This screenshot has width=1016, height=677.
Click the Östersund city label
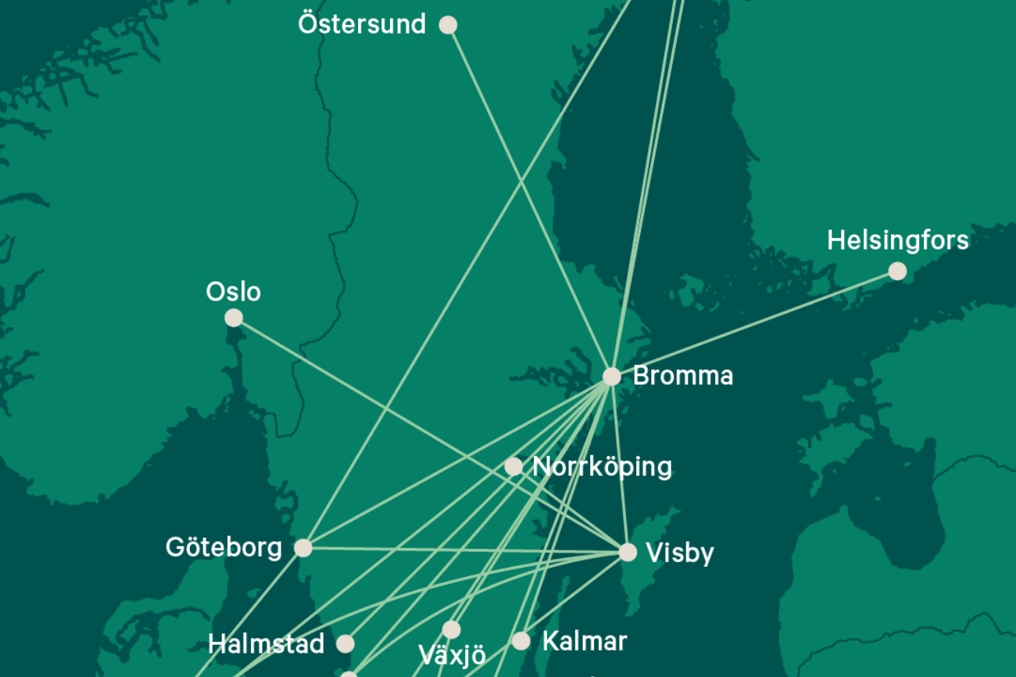click(x=362, y=24)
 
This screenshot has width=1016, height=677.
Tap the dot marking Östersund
click(x=448, y=25)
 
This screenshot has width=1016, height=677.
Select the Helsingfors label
click(x=897, y=241)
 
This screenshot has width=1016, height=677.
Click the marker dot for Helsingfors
click(x=897, y=271)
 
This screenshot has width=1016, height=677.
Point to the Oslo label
click(x=233, y=292)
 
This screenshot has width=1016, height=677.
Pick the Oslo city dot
click(x=234, y=318)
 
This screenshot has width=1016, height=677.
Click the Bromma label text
click(x=682, y=376)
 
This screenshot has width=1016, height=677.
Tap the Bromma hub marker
click(x=611, y=376)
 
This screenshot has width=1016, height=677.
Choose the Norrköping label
click(x=602, y=467)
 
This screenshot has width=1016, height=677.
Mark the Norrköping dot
click(x=513, y=467)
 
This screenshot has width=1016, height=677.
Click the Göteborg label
click(x=224, y=547)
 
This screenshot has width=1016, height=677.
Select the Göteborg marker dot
click(x=303, y=548)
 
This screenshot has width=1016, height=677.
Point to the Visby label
click(x=680, y=553)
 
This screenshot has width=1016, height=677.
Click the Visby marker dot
click(x=628, y=553)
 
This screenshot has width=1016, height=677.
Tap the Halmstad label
click(x=266, y=644)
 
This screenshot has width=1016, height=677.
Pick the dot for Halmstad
click(x=345, y=643)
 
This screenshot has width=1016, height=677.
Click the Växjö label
click(x=452, y=654)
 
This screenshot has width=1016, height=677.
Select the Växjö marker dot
click(x=452, y=629)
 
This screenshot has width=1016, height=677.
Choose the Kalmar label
click(x=584, y=642)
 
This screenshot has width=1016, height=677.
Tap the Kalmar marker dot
click(x=521, y=642)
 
